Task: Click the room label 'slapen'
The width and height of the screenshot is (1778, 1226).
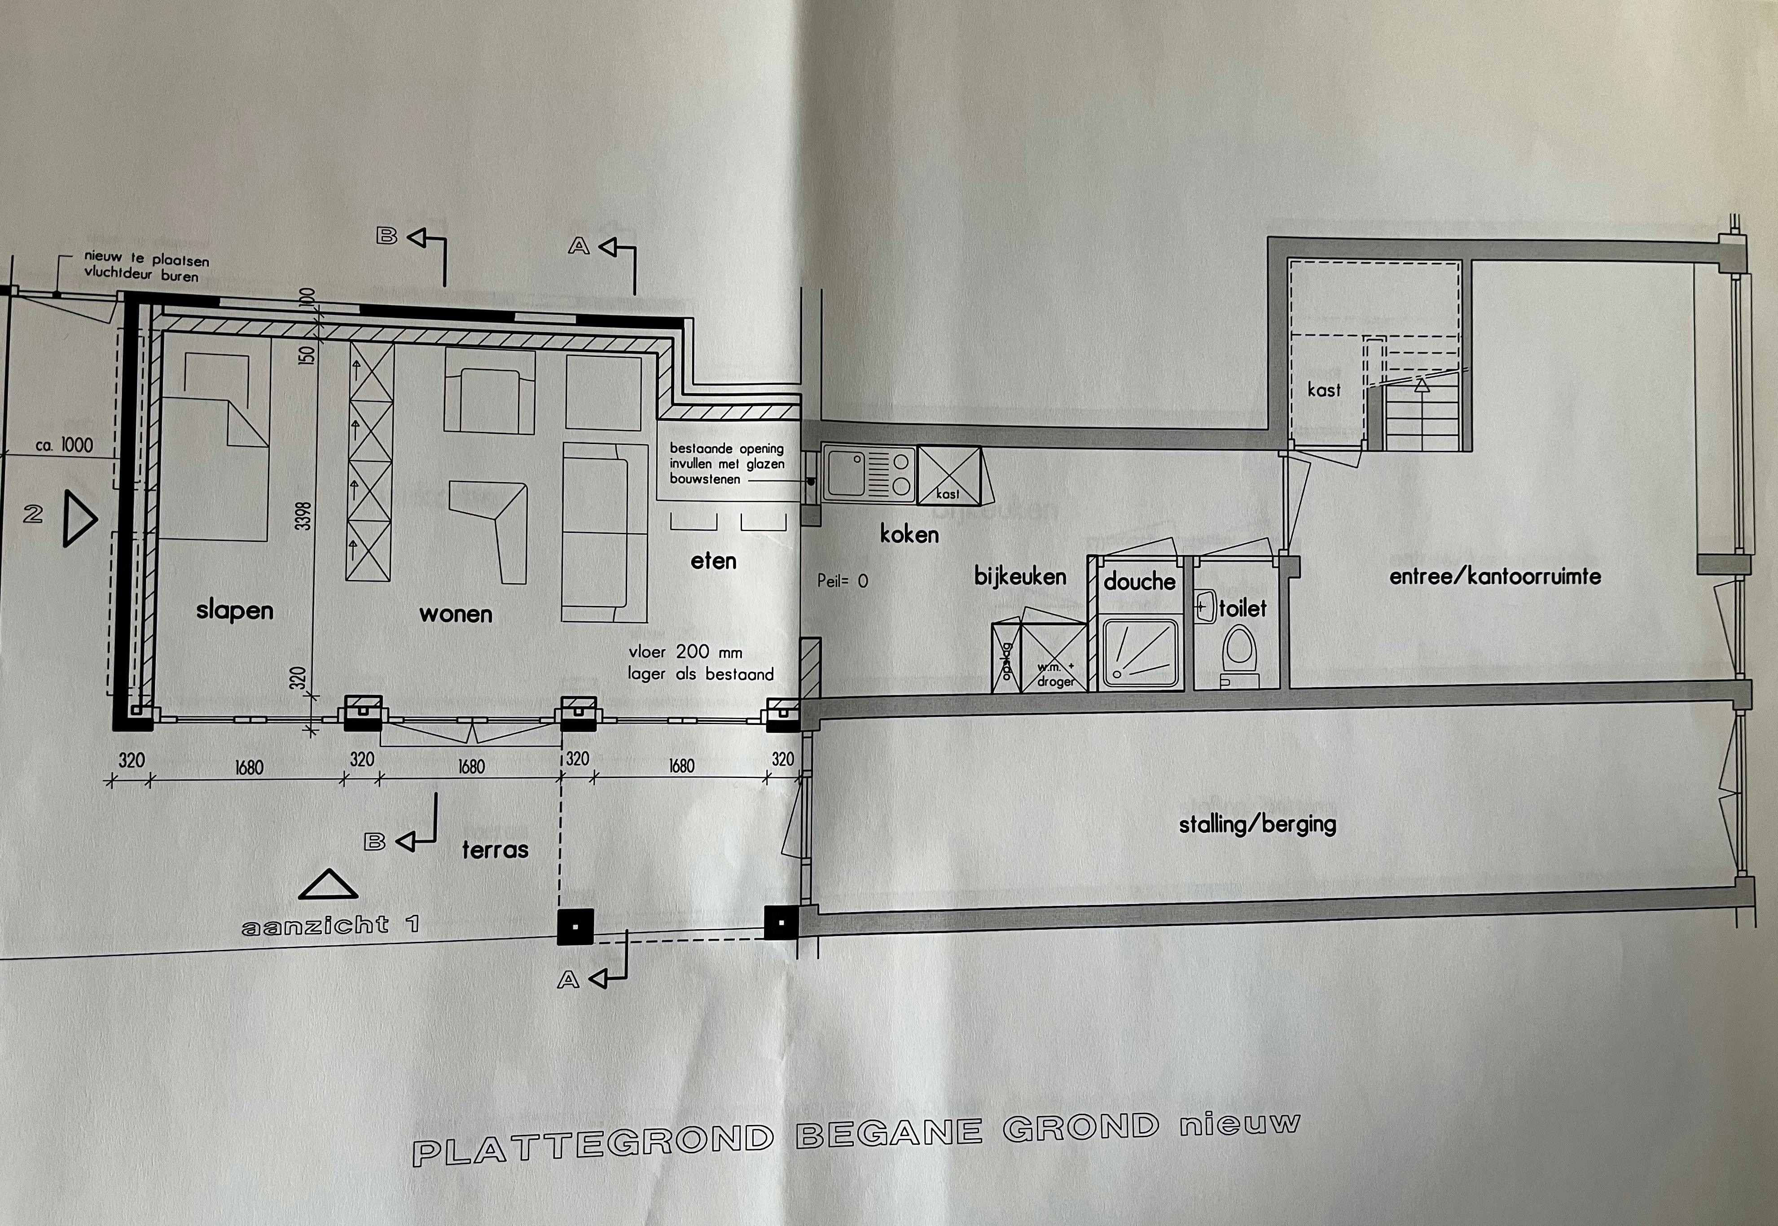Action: (x=234, y=611)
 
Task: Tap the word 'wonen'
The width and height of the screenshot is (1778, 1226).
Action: (x=456, y=614)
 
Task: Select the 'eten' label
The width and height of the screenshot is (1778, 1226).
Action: (x=714, y=562)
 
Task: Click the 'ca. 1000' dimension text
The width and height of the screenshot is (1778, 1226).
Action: (x=65, y=445)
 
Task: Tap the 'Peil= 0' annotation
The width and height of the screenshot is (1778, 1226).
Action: (x=843, y=581)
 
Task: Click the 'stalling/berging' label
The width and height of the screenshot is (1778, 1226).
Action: (x=1257, y=824)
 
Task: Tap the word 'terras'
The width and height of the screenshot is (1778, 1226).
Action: (x=496, y=850)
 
